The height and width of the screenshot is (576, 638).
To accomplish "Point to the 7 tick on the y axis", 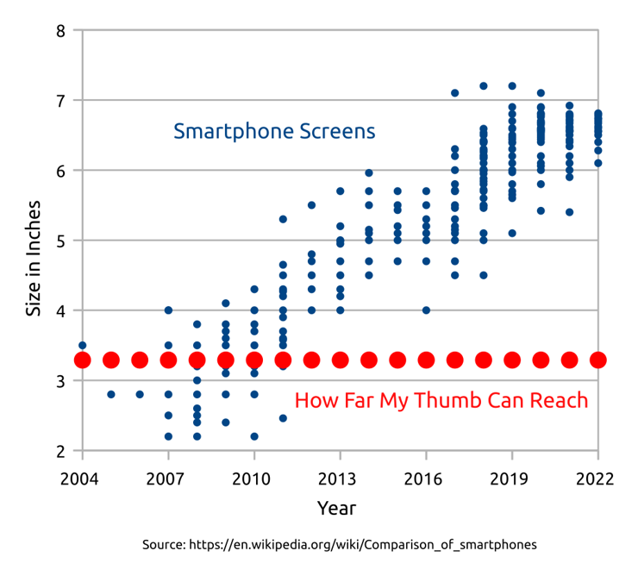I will click(60, 101).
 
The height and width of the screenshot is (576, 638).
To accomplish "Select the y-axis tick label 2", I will click(60, 451).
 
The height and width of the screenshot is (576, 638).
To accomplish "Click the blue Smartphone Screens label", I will click(274, 132).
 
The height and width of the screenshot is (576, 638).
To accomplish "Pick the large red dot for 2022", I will click(597, 360).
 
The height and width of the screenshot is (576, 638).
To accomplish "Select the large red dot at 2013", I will click(340, 360).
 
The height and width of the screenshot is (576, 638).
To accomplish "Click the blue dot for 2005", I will click(110, 394).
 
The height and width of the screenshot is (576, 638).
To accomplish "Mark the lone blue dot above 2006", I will click(140, 394).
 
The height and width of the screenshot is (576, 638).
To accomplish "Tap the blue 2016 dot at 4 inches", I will click(426, 310).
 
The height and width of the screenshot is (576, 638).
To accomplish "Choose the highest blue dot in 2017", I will click(454, 93).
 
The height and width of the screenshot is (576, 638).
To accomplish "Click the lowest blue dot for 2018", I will click(483, 275).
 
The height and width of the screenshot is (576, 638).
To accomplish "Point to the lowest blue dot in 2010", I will click(254, 436).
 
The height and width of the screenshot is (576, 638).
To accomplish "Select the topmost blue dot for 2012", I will click(311, 205).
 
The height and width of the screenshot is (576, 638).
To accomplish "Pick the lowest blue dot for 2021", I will click(569, 212).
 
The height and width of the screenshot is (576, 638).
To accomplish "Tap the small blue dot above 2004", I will click(82, 345).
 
